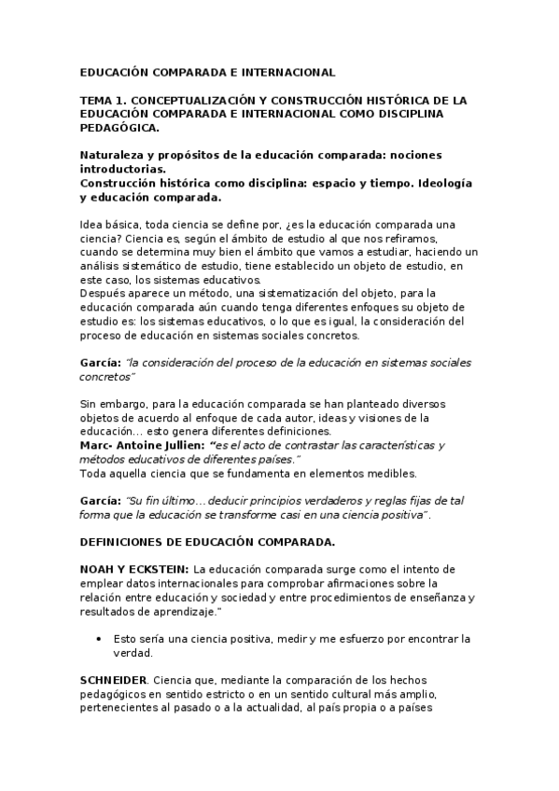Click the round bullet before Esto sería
[x=99, y=639]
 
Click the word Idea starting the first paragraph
[x=92, y=225]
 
